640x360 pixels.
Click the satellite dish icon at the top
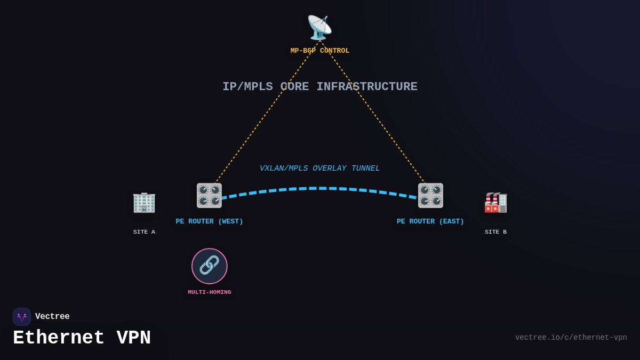[x=319, y=28]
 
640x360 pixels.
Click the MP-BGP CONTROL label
[x=319, y=51]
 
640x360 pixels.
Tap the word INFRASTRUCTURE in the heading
[x=366, y=87]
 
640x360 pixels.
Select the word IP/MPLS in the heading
[x=247, y=87]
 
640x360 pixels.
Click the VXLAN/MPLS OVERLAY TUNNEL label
[x=319, y=169]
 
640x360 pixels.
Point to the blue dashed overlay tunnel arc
[x=320, y=188]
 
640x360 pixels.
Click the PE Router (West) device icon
[x=209, y=195]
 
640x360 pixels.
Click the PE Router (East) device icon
[x=430, y=195]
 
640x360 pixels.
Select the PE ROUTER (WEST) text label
[x=209, y=221]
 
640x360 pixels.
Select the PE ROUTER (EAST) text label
[x=430, y=221]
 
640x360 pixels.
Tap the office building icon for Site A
[x=144, y=202]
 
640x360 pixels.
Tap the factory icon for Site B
[x=495, y=202]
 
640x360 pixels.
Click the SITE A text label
[x=144, y=232]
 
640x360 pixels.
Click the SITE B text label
[x=495, y=232]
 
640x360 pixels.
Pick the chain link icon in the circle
[x=210, y=266]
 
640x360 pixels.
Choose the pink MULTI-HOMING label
[x=210, y=292]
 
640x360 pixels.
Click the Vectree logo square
[x=22, y=317]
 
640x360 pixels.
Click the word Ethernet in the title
[x=59, y=338]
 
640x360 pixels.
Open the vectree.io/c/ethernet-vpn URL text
[x=571, y=338]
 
